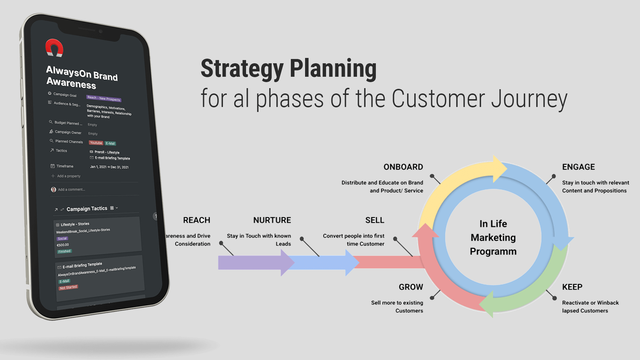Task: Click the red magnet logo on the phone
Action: pyautogui.click(x=54, y=48)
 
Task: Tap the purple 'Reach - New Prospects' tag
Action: pyautogui.click(x=104, y=98)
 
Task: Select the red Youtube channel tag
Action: pyautogui.click(x=96, y=143)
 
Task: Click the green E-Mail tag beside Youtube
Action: pyautogui.click(x=110, y=144)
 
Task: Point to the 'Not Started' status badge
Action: pyautogui.click(x=68, y=288)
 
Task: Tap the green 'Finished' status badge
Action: pyautogui.click(x=64, y=251)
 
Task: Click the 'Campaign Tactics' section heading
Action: pyautogui.click(x=87, y=209)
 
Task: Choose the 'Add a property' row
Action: pyautogui.click(x=68, y=176)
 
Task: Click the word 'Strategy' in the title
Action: pyautogui.click(x=242, y=69)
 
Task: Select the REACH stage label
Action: pyautogui.click(x=197, y=220)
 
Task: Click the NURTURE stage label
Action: pyautogui.click(x=272, y=220)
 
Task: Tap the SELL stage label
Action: pyautogui.click(x=375, y=220)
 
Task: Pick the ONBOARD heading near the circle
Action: pyautogui.click(x=403, y=167)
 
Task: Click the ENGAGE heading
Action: pyautogui.click(x=578, y=167)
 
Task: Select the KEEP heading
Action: pyautogui.click(x=572, y=287)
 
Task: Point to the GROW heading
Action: pyautogui.click(x=411, y=287)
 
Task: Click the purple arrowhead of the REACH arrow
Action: pyautogui.click(x=287, y=263)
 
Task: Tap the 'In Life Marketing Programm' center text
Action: pyautogui.click(x=493, y=237)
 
